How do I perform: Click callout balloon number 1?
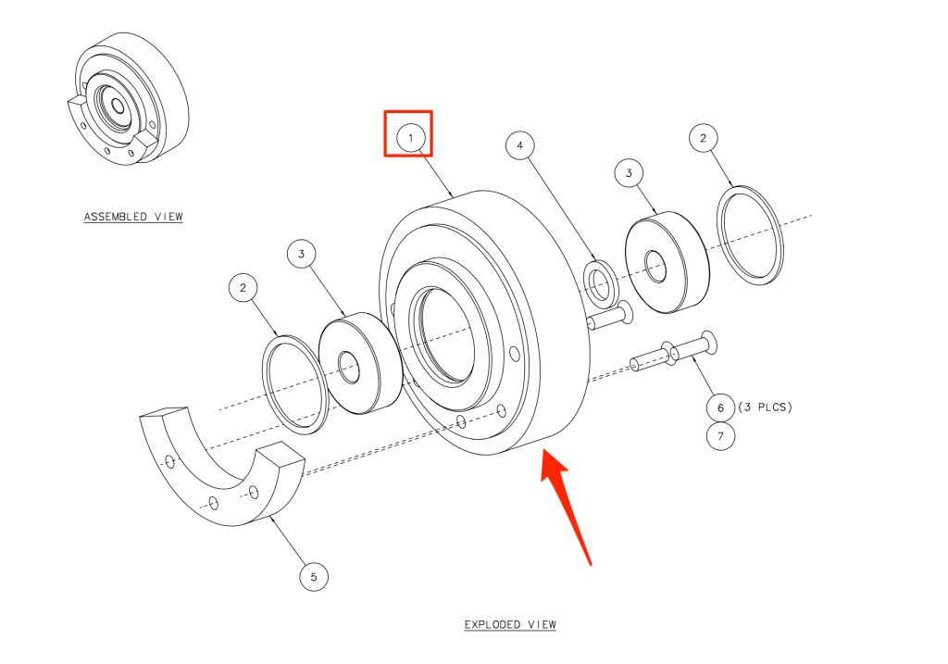click(411, 138)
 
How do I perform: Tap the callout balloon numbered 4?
click(520, 145)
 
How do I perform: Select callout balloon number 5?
click(314, 577)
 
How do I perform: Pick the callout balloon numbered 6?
click(720, 407)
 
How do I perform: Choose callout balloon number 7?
click(720, 436)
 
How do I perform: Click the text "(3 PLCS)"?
click(765, 407)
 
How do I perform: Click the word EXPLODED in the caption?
click(491, 624)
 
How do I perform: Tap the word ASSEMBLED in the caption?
click(116, 217)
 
